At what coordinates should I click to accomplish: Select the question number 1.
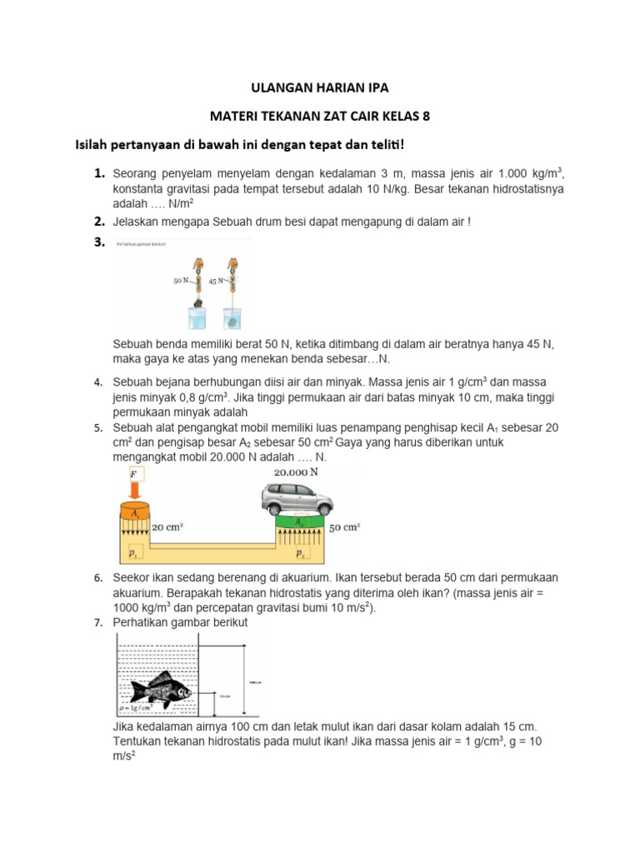coord(98,173)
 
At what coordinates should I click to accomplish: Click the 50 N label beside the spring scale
coord(182,282)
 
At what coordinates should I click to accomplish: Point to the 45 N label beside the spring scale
coord(216,282)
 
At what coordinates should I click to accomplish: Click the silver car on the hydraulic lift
coord(297,499)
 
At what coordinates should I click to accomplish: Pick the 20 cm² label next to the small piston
coord(167,527)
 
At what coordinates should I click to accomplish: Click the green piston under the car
coord(297,522)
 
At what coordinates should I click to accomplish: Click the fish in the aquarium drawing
coord(162,688)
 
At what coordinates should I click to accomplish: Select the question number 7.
coord(97,622)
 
